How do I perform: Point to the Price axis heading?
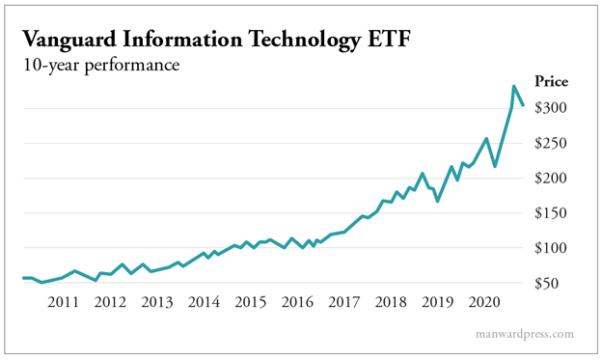tap(552, 82)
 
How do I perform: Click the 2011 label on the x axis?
tap(63, 303)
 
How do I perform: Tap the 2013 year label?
tap(156, 303)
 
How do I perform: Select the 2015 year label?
tap(250, 303)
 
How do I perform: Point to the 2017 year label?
tap(344, 303)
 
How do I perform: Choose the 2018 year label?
tap(391, 303)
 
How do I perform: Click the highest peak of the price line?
tap(513, 87)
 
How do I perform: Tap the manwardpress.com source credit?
tap(525, 335)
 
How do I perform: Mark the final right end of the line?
tap(522, 105)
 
